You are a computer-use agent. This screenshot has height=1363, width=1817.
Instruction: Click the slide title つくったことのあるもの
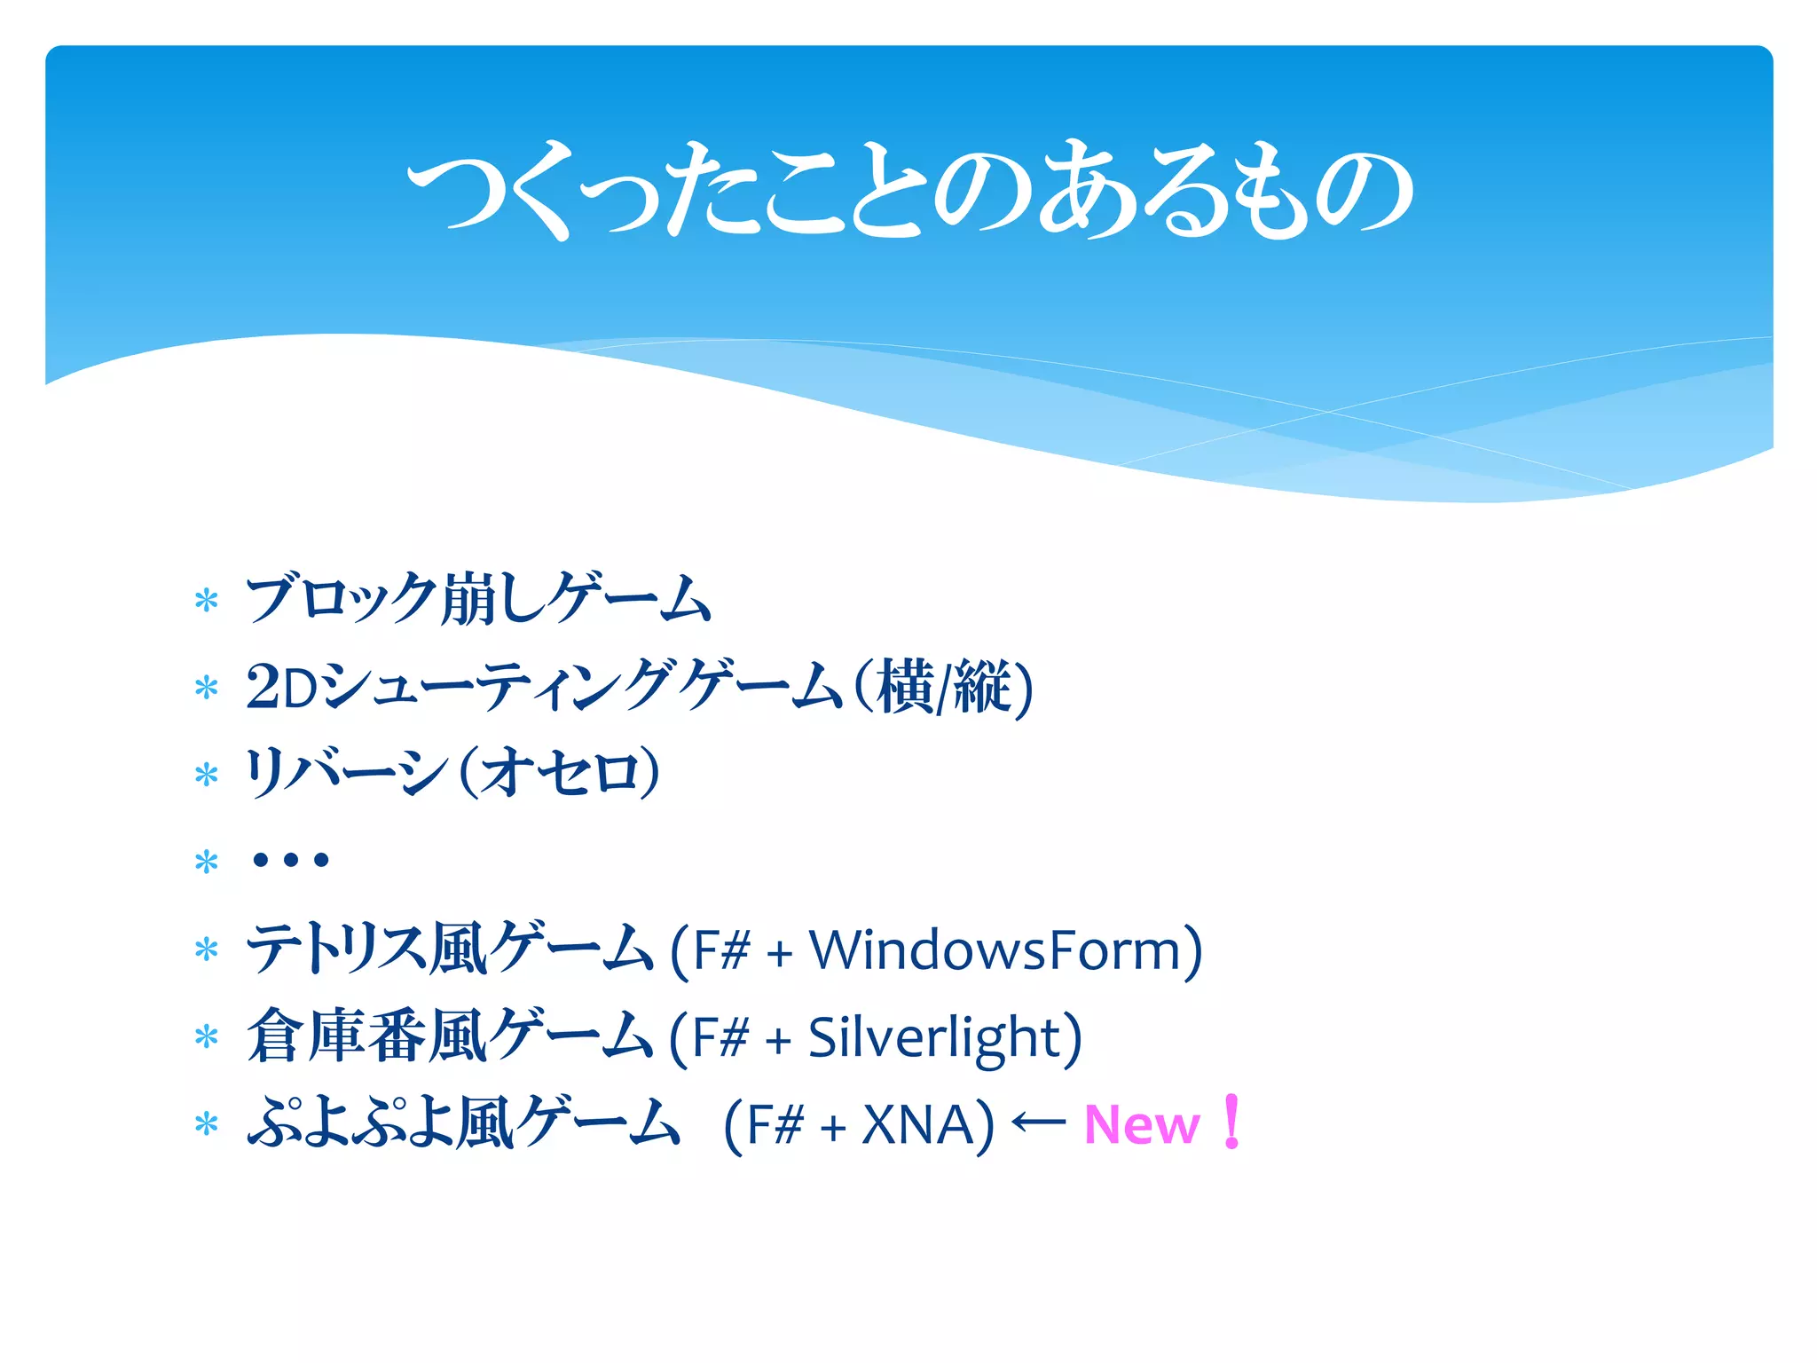[x=908, y=191]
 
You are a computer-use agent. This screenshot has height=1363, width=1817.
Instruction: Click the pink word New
[x=1142, y=1125]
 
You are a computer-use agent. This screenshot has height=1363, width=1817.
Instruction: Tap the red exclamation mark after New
[x=1231, y=1122]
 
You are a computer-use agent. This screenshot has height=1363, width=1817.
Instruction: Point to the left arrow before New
[x=1039, y=1123]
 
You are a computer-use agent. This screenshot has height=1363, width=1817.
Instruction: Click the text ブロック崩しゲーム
[x=478, y=599]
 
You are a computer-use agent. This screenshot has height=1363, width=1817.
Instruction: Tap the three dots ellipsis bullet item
[x=290, y=859]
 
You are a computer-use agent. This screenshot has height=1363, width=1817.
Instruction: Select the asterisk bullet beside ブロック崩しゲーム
[x=207, y=601]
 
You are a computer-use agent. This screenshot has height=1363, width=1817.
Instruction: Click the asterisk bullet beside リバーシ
[x=207, y=775]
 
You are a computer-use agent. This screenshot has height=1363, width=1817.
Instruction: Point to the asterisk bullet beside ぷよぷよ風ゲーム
[x=207, y=1124]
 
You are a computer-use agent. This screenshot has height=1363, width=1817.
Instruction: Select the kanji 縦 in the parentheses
[x=984, y=686]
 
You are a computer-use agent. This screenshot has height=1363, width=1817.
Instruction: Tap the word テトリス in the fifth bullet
[x=336, y=949]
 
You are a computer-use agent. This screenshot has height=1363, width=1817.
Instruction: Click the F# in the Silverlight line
[x=721, y=1036]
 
